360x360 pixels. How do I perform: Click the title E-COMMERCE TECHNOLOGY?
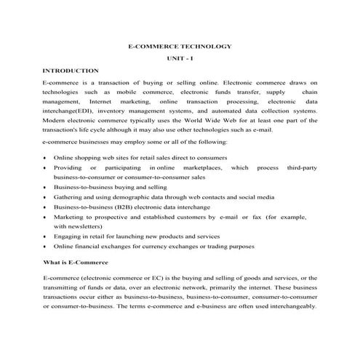[180, 46]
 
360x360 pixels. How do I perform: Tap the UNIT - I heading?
[180, 58]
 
